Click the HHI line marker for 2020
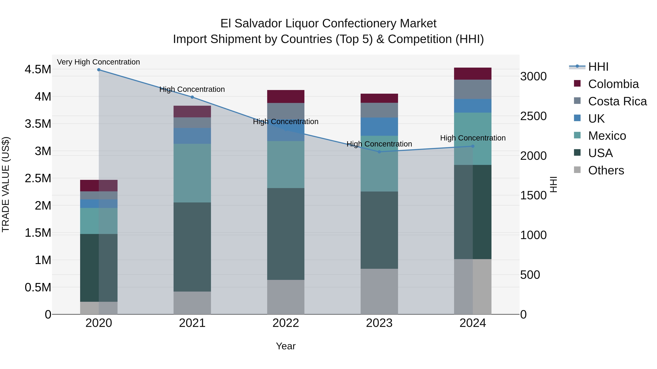pos(99,70)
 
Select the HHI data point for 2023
pos(379,152)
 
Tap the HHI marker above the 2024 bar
pos(473,146)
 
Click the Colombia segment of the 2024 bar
pos(473,74)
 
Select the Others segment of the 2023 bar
pos(379,291)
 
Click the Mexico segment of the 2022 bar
pos(286,165)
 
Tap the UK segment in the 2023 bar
pos(379,127)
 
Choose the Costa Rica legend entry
pos(617,101)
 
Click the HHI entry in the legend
pos(598,67)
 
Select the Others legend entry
pos(606,170)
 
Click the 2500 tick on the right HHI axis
pos(533,116)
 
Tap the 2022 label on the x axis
pos(286,323)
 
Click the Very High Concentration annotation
pos(98,62)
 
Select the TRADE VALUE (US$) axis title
pos(6,184)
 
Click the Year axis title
pos(286,346)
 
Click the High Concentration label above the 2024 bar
pos(473,138)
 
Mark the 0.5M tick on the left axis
pos(38,288)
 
